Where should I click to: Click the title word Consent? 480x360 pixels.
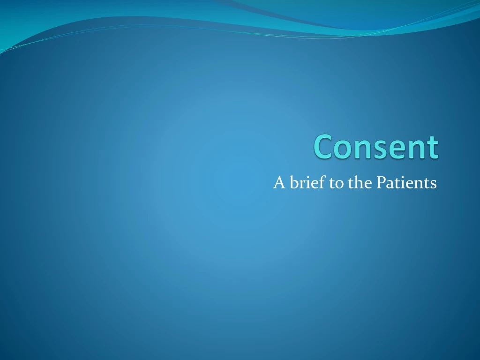point(376,147)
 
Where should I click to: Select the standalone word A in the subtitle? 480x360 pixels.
point(279,182)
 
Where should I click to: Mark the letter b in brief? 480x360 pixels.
point(293,182)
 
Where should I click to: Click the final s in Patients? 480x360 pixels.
point(433,184)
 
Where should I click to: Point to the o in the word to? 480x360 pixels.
point(339,184)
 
